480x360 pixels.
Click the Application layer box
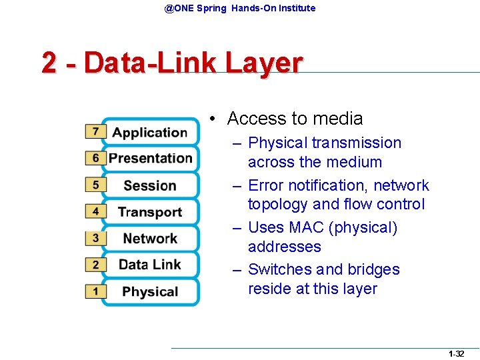pyautogui.click(x=150, y=132)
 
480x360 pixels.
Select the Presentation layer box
pyautogui.click(x=150, y=159)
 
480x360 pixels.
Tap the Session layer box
pyautogui.click(x=150, y=185)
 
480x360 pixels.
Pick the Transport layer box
pyautogui.click(x=150, y=212)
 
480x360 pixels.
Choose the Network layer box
pyautogui.click(x=150, y=239)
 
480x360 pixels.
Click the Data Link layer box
pyautogui.click(x=150, y=265)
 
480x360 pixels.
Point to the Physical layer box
pyautogui.click(x=150, y=291)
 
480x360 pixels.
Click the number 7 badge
pyautogui.click(x=95, y=131)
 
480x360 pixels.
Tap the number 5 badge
pyautogui.click(x=95, y=185)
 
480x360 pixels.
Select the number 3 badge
pyautogui.click(x=95, y=238)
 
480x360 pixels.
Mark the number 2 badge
pyautogui.click(x=95, y=265)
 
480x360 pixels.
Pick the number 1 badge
pyautogui.click(x=95, y=291)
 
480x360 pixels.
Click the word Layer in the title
pyautogui.click(x=264, y=63)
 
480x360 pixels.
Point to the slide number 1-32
pyautogui.click(x=456, y=353)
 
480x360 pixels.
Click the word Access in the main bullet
pyautogui.click(x=257, y=119)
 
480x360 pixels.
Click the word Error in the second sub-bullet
pyautogui.click(x=266, y=185)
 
